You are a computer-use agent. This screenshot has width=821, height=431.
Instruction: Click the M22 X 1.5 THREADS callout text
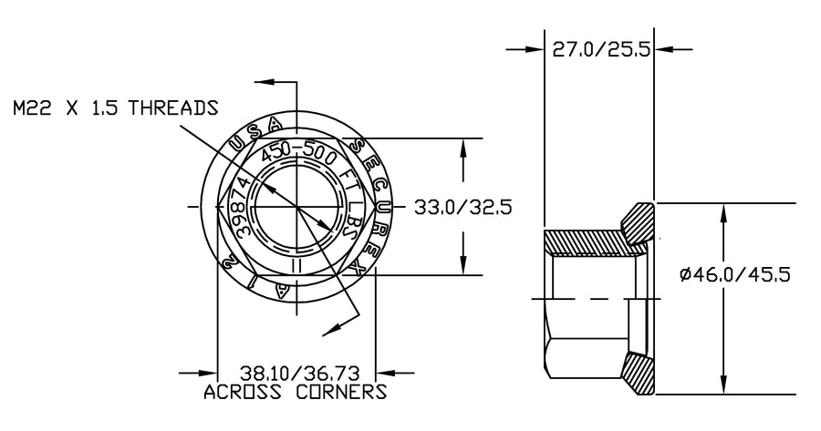point(115,108)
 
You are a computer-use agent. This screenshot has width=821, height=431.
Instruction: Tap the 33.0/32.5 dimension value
point(462,207)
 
